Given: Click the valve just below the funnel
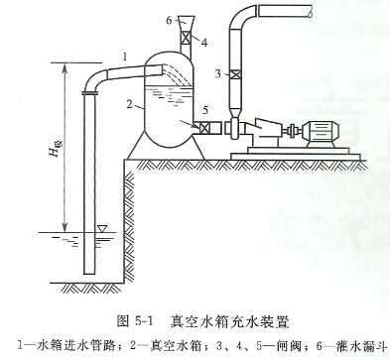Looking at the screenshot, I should [x=184, y=42].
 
